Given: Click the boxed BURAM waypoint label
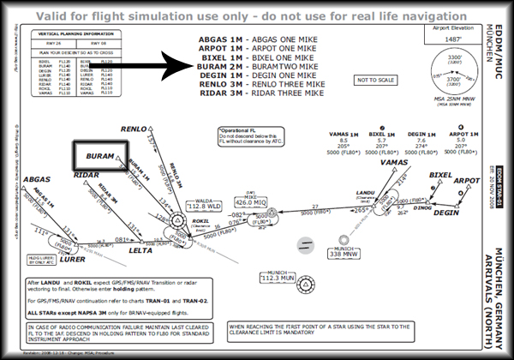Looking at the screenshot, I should [101, 158].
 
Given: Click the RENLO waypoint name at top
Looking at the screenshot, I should [134, 129].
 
